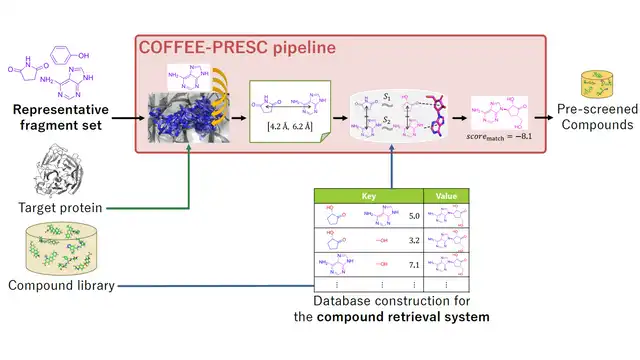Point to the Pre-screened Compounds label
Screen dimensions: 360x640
pos(595,117)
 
